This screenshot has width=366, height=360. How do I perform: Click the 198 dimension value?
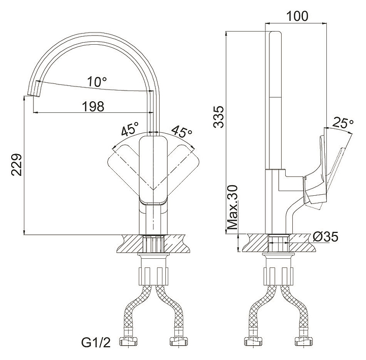93,106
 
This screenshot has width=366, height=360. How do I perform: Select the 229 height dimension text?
17,165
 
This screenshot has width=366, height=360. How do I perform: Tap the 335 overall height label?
219,117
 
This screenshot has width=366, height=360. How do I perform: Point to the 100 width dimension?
297,16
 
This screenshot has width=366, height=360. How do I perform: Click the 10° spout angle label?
97,82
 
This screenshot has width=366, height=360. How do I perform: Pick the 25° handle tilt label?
343,123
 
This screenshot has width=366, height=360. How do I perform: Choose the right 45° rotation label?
182,131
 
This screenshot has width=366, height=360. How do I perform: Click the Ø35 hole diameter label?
325,237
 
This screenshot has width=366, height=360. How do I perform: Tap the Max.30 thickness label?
232,207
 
